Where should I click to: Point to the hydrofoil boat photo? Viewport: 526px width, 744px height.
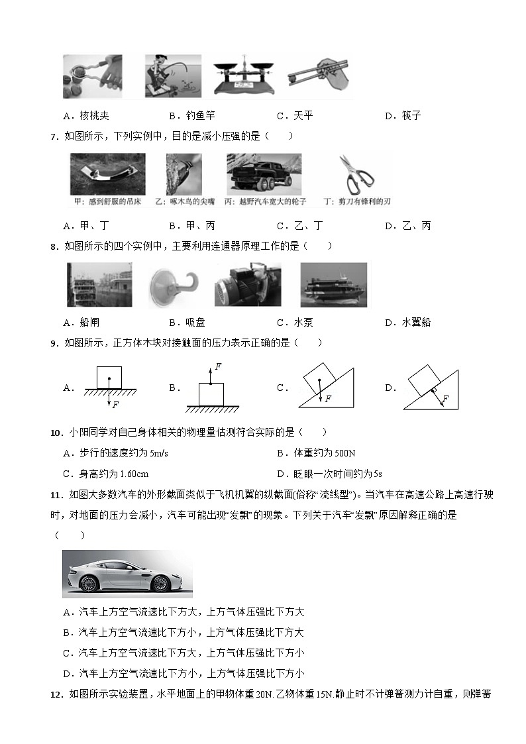point(333,285)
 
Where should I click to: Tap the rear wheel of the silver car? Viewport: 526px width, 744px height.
point(89,583)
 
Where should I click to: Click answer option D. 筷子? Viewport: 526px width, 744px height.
point(402,116)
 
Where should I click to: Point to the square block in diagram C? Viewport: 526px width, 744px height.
point(317,378)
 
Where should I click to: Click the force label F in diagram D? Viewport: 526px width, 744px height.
point(445,399)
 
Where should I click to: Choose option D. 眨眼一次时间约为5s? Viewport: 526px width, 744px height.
point(329,474)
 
